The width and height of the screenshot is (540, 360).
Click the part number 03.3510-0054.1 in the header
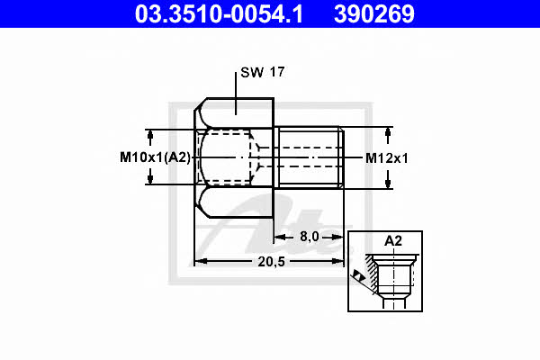point(219,14)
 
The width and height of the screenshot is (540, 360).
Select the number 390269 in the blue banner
point(374,14)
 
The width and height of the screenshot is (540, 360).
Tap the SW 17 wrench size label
point(263,72)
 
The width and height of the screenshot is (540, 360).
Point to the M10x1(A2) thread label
point(155,157)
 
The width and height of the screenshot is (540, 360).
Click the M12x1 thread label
point(386,158)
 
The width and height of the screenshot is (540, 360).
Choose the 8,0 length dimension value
point(310,237)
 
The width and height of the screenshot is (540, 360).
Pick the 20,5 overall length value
point(272,262)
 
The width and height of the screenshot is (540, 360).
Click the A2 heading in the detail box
point(393,241)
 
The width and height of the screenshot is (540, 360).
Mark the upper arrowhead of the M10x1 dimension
point(150,135)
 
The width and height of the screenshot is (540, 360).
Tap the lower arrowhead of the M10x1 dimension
point(150,178)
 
